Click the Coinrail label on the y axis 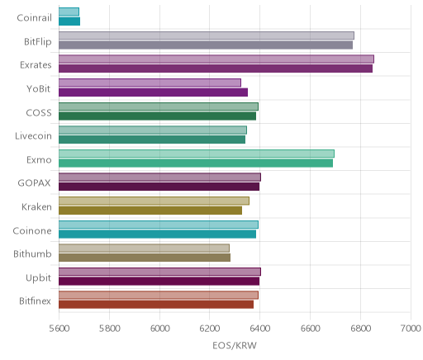34,18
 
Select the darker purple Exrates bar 216,69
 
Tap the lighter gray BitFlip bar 207,36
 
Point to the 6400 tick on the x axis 259,329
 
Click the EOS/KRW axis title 235,345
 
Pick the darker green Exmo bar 196,163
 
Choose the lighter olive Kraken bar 154,201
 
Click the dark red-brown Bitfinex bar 156,305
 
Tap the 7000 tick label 411,329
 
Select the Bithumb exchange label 32,253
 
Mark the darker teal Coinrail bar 69,21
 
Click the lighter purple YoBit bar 150,83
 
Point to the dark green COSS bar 157,116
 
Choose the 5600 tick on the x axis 59,329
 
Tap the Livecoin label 33,136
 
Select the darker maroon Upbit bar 159,281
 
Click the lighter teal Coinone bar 159,225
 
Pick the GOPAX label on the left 34,183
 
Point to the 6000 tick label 159,329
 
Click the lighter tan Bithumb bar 144,248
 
